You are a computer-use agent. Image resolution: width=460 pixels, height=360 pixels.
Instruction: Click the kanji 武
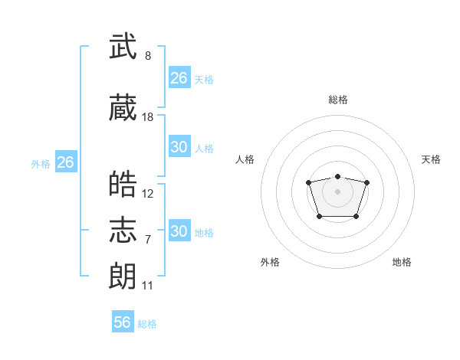click(x=123, y=46)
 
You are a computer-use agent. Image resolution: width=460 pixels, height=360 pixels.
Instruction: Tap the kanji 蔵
click(x=123, y=107)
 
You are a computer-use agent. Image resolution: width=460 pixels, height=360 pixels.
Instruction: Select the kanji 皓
click(x=123, y=184)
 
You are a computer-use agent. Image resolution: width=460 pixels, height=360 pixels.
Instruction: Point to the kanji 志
click(x=123, y=230)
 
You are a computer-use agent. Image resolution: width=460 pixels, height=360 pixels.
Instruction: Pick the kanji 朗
click(x=123, y=276)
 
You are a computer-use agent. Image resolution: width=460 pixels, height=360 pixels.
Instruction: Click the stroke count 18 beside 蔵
click(x=147, y=117)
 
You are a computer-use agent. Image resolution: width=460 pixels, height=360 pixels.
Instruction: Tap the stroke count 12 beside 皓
click(x=147, y=194)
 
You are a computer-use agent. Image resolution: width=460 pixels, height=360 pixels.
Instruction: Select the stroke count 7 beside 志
click(x=148, y=240)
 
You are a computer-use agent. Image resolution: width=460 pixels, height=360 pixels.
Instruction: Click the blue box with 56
click(x=123, y=321)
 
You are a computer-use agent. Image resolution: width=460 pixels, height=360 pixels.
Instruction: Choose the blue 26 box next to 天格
click(x=180, y=77)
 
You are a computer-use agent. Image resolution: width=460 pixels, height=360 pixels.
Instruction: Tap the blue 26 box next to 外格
click(x=66, y=162)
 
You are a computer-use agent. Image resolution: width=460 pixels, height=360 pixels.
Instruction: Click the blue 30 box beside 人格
click(x=180, y=146)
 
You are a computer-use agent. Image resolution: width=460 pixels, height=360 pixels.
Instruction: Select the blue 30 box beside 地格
click(x=180, y=230)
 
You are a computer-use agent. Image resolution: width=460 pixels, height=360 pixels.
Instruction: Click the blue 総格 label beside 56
click(x=147, y=324)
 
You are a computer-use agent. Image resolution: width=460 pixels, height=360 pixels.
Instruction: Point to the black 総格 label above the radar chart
click(x=338, y=100)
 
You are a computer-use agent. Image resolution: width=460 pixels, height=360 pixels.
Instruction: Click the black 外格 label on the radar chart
click(x=270, y=262)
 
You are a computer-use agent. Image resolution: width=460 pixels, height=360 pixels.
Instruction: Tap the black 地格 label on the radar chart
click(x=402, y=262)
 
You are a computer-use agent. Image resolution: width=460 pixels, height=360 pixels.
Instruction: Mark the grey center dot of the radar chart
click(x=337, y=191)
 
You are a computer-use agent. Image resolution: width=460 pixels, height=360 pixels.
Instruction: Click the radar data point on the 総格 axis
click(x=337, y=176)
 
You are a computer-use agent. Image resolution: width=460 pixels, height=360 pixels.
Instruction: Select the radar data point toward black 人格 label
click(x=308, y=182)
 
